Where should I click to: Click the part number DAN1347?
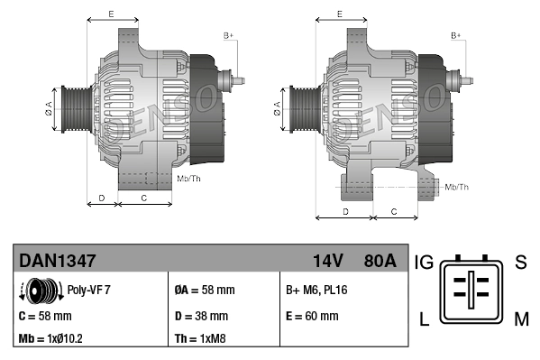pos(58,261)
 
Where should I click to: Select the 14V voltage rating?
pos(327,261)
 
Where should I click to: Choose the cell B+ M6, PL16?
pos(316,291)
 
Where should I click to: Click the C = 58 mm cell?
pos(45,316)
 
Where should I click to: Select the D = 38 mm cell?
pos(201,316)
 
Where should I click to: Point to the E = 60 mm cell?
pos(312,316)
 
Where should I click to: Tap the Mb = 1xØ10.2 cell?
pos(53,339)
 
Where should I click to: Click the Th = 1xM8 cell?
pos(200,339)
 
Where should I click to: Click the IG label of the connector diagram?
pos(424,263)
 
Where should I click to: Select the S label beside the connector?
pos(520,263)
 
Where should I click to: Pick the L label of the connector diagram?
pos(423,317)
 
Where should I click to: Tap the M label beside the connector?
pos(521,317)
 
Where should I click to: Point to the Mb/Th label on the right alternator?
pos(457,187)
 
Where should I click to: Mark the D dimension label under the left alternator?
pos(101,197)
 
